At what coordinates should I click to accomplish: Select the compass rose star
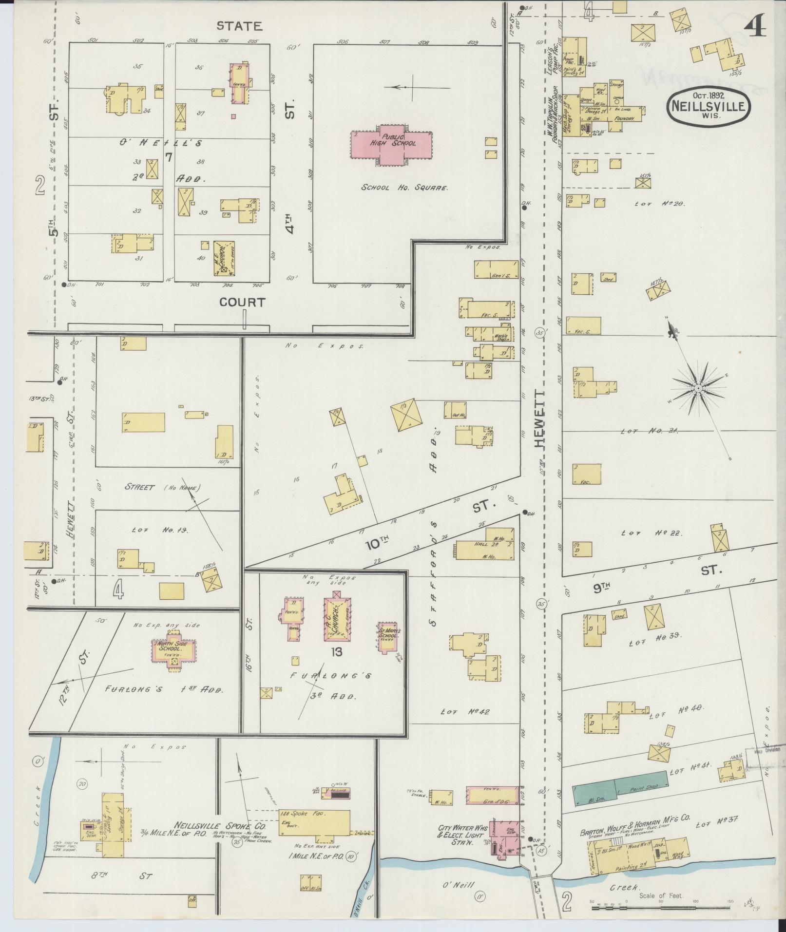click(x=698, y=388)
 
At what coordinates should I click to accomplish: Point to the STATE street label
click(x=239, y=26)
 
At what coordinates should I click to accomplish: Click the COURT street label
click(x=242, y=302)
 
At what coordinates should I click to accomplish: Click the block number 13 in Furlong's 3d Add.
click(x=337, y=652)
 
